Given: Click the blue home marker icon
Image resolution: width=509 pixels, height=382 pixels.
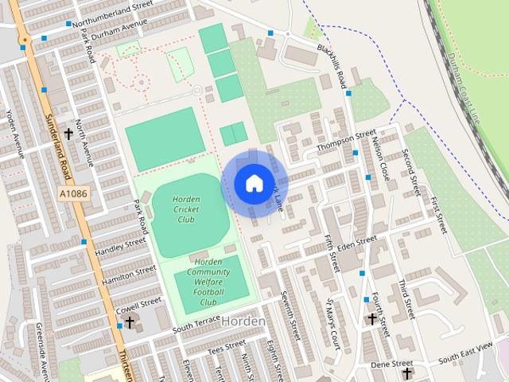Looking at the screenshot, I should [253, 184].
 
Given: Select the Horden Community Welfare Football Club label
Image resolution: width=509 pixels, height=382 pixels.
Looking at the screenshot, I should [208, 282].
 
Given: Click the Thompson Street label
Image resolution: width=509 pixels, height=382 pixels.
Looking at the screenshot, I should [345, 142].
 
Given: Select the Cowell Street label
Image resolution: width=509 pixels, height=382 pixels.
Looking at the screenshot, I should [138, 304].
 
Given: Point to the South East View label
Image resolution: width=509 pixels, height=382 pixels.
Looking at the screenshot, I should [466, 351].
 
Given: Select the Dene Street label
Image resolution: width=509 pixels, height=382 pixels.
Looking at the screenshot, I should [389, 364].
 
